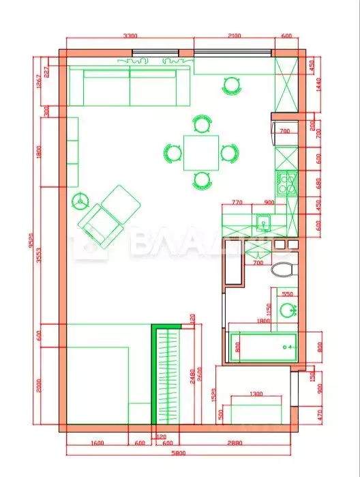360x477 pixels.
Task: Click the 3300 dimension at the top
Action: point(130,36)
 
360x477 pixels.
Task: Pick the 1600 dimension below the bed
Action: point(97,442)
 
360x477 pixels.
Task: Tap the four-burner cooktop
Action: point(286,182)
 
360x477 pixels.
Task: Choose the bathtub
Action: point(262,347)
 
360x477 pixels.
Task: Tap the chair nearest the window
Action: point(232,85)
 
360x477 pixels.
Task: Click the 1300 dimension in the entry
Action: point(256,394)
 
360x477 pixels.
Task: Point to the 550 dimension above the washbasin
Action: point(287,293)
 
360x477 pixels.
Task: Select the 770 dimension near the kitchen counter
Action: point(238,202)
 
